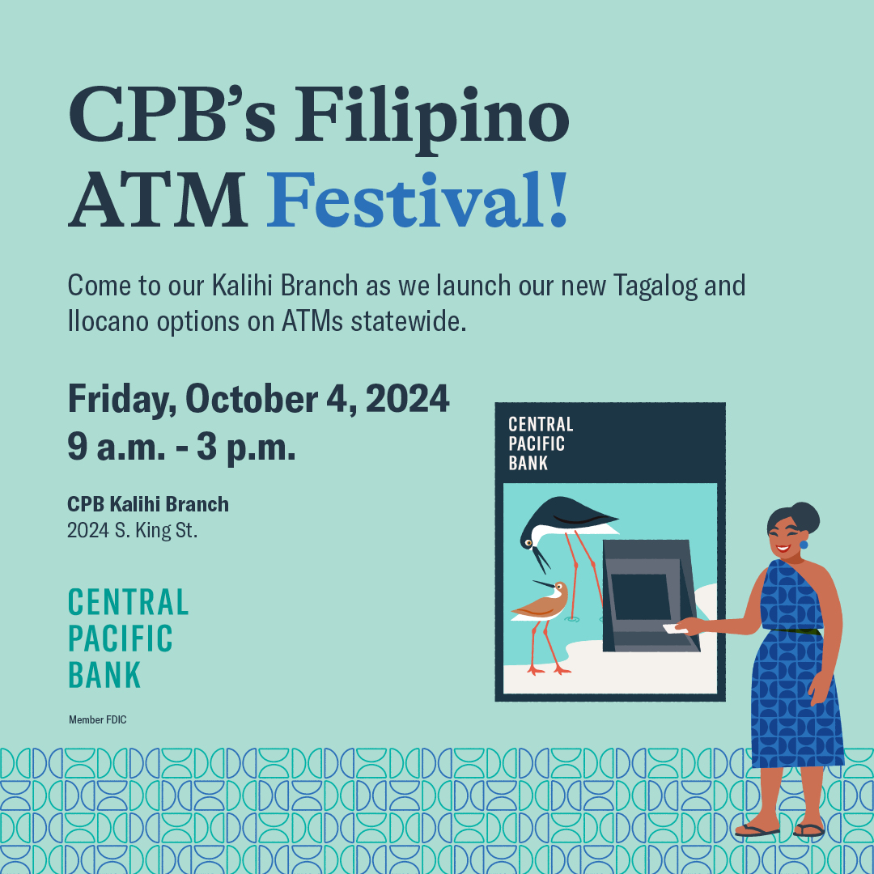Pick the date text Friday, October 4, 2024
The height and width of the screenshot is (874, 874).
coord(258,399)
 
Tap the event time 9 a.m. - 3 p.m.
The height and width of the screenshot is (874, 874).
coord(181,447)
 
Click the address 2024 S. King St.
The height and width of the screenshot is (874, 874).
coord(132,532)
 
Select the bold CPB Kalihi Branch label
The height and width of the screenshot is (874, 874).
coord(148,504)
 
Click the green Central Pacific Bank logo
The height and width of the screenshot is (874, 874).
coord(128,638)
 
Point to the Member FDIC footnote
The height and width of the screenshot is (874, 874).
coord(98,719)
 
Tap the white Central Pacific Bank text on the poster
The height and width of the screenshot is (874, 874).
coord(540,443)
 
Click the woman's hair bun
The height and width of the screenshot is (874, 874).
coord(805,515)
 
